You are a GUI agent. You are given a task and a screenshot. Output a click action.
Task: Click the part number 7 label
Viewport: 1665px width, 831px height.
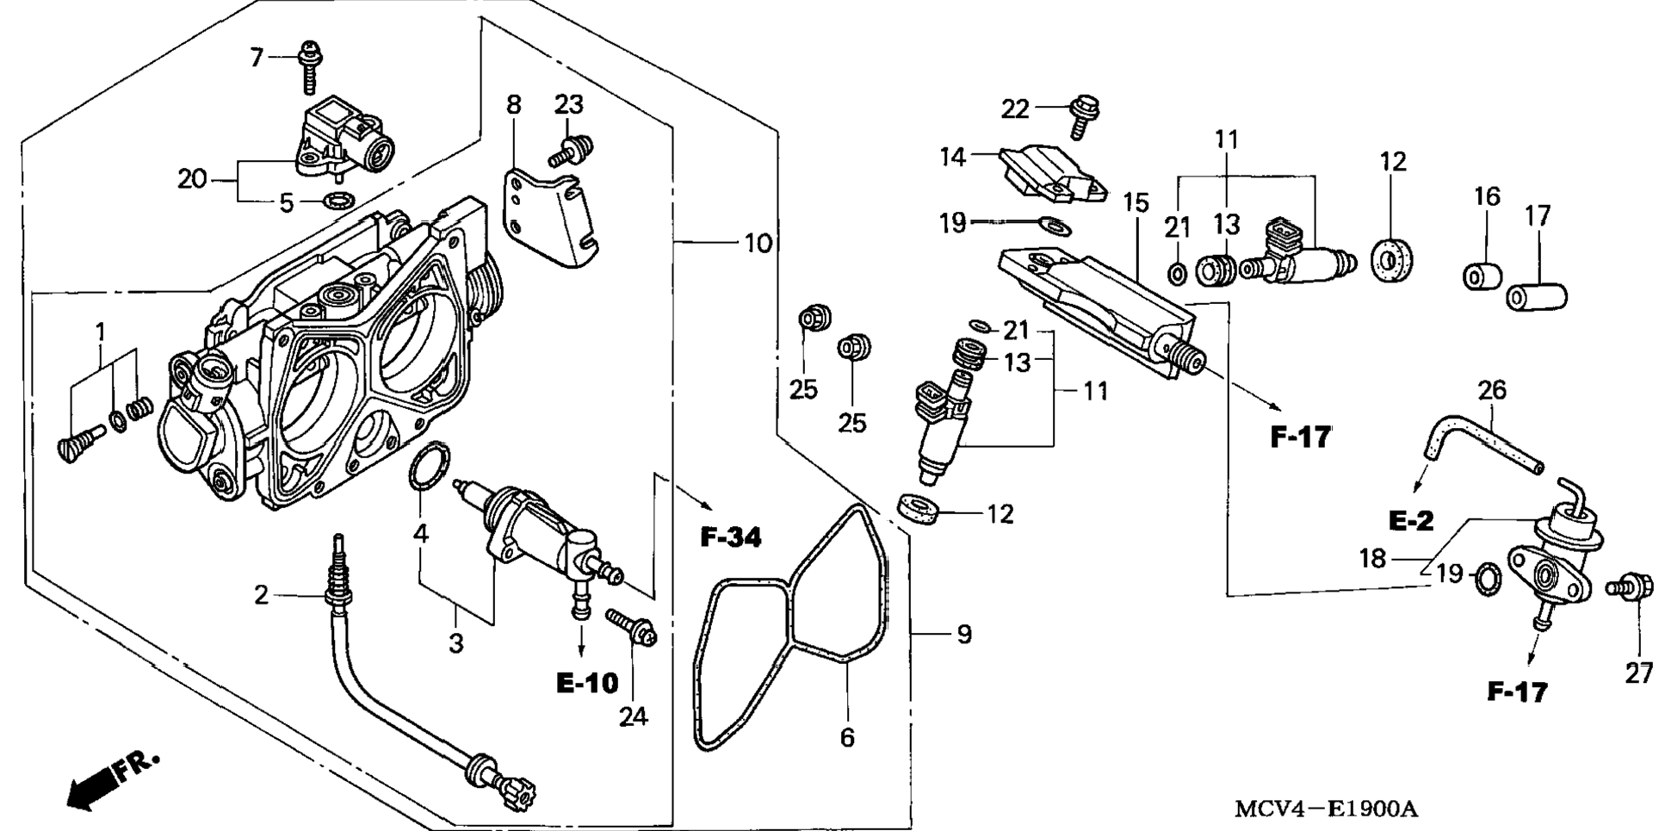click(257, 58)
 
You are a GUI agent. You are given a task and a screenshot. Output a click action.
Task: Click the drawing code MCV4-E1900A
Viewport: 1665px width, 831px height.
click(1326, 809)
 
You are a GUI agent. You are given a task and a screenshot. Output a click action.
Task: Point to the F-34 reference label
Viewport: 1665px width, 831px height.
click(731, 537)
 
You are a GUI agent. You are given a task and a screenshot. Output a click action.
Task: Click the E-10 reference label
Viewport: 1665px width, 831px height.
click(587, 683)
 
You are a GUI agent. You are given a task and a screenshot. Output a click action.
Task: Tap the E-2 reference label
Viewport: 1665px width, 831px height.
click(1411, 520)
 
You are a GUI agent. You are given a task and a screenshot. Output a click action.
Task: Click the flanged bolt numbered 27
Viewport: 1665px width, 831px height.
click(1629, 588)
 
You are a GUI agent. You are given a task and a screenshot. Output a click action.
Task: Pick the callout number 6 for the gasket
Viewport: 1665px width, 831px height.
click(847, 738)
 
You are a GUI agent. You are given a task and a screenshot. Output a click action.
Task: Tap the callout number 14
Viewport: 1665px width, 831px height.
click(953, 157)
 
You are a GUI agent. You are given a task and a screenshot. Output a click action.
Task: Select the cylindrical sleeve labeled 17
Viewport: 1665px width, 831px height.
click(1537, 295)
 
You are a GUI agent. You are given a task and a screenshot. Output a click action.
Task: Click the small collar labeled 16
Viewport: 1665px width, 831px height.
click(1482, 275)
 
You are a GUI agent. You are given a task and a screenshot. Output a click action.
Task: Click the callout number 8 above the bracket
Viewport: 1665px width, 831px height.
click(513, 105)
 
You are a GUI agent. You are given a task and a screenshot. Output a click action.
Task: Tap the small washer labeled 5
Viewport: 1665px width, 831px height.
click(337, 202)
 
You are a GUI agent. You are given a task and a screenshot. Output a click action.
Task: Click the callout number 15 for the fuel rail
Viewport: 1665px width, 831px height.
click(1136, 203)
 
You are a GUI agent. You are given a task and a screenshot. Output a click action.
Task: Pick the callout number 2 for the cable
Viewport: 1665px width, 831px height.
click(262, 594)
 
